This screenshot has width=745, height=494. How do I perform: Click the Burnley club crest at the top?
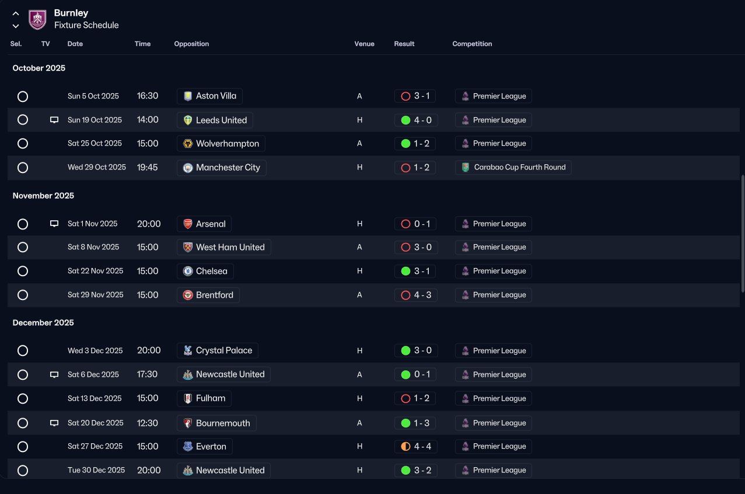click(x=37, y=19)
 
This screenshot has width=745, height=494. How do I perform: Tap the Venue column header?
click(x=364, y=44)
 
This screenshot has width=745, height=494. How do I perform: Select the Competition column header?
click(x=472, y=44)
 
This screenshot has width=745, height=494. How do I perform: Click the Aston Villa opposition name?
click(x=216, y=96)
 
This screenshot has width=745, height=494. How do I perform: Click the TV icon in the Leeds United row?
click(x=54, y=119)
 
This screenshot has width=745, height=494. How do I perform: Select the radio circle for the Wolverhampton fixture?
click(x=23, y=143)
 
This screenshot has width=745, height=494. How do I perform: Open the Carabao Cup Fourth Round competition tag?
click(x=513, y=167)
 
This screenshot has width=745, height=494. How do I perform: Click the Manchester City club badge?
click(x=188, y=168)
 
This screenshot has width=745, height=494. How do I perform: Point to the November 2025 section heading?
click(x=43, y=196)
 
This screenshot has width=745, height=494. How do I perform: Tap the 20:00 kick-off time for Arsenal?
click(x=149, y=224)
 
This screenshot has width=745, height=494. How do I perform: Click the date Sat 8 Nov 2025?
click(x=93, y=247)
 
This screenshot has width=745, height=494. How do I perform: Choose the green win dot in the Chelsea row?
click(x=405, y=271)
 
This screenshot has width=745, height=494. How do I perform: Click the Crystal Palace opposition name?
click(x=224, y=351)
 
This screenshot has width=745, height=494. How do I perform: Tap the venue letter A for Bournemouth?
click(x=359, y=423)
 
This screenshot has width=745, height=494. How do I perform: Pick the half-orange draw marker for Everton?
click(x=405, y=446)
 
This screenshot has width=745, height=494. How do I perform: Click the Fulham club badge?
click(x=188, y=398)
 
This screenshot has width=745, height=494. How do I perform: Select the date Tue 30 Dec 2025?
click(x=96, y=470)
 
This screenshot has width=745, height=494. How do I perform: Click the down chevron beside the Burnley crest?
click(x=16, y=26)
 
